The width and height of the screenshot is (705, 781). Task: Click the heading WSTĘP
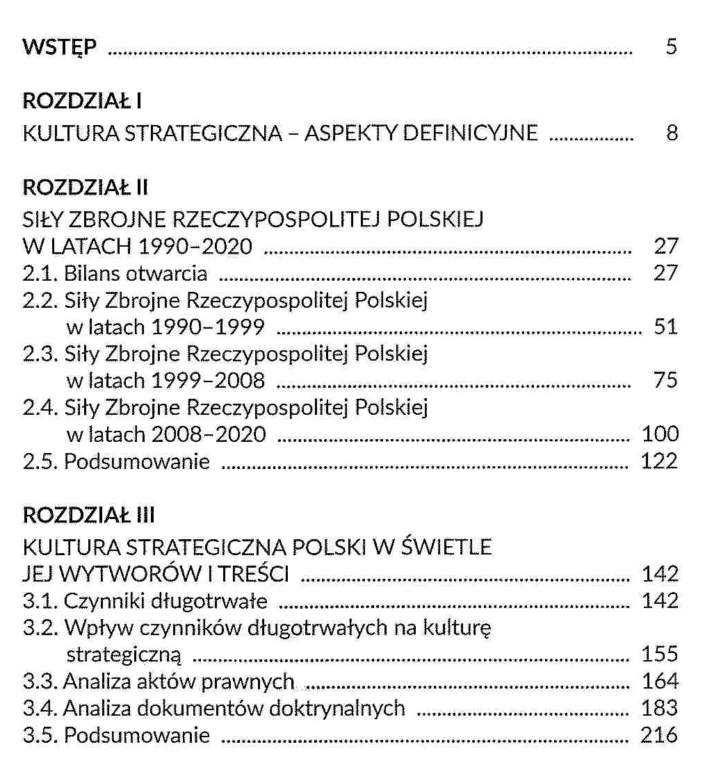click(59, 48)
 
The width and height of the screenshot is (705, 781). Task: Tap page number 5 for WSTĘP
click(670, 48)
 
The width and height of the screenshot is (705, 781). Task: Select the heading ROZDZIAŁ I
click(83, 102)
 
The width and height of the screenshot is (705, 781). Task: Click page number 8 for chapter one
click(671, 132)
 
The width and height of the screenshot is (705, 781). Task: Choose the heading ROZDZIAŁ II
click(86, 188)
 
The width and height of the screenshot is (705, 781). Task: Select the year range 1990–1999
click(207, 327)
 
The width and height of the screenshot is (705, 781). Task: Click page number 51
click(665, 327)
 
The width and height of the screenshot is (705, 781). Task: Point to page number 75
click(665, 380)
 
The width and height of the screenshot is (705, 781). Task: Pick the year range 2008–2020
click(208, 434)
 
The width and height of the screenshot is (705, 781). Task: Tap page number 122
click(659, 461)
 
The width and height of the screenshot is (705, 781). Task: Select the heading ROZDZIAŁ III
click(89, 516)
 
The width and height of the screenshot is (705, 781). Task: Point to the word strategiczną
click(124, 655)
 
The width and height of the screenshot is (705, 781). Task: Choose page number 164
click(659, 682)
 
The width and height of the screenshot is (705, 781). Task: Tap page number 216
click(659, 735)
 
